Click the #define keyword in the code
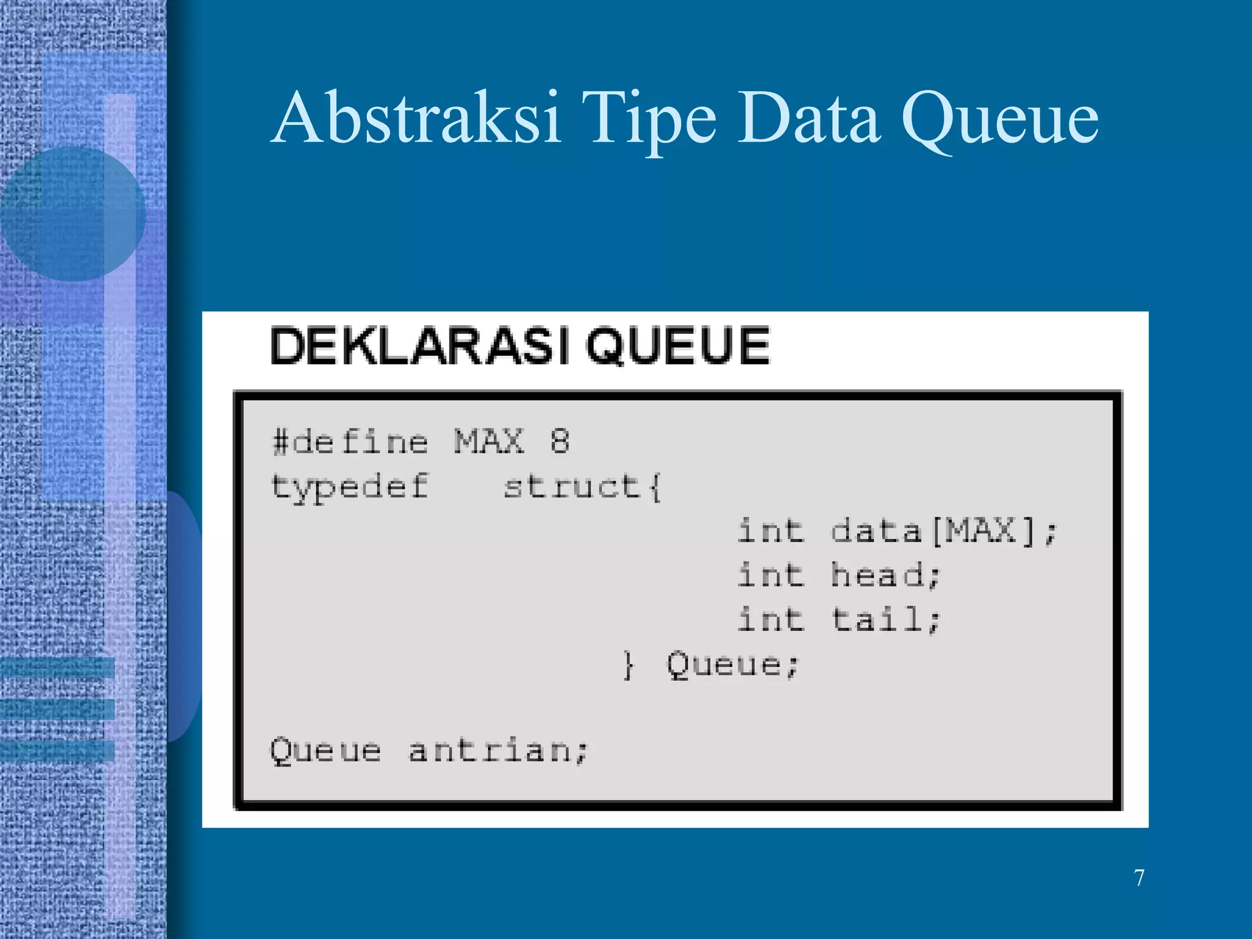click(350, 441)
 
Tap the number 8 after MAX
click(559, 441)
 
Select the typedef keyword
click(350, 488)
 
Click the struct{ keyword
click(582, 487)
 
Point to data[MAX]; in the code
click(943, 531)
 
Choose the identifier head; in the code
click(885, 575)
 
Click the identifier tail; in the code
click(885, 619)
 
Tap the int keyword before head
click(770, 575)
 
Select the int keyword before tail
click(770, 619)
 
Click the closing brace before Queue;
click(628, 665)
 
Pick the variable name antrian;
click(498, 750)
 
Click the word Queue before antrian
click(325, 750)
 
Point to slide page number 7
click(1139, 878)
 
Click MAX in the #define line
click(489, 441)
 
